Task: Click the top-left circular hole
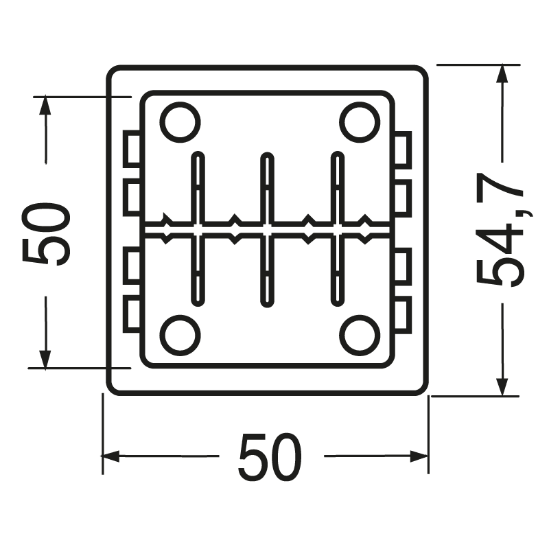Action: [180, 122]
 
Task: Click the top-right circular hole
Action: [359, 122]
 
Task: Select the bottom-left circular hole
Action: [180, 336]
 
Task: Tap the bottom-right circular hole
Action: [359, 336]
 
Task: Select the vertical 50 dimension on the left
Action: [47, 233]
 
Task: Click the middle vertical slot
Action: [266, 229]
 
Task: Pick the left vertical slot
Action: [197, 229]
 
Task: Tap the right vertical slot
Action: [336, 229]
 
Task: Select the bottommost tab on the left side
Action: [132, 313]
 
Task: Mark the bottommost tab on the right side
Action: [403, 313]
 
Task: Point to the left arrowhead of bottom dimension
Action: [110, 456]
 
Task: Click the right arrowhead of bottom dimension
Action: [421, 456]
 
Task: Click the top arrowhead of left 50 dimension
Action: [45, 105]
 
